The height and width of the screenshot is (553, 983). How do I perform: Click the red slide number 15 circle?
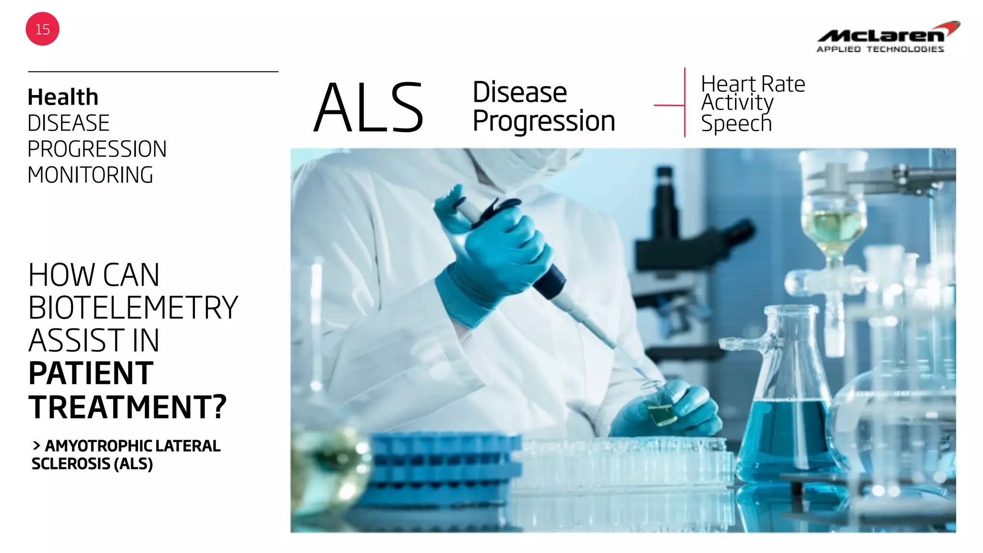click(42, 29)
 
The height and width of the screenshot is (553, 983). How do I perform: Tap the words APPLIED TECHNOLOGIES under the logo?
click(880, 49)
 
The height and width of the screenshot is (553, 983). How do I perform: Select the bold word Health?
click(63, 97)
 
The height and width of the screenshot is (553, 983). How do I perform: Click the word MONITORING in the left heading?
click(90, 175)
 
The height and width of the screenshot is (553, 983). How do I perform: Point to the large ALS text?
click(369, 108)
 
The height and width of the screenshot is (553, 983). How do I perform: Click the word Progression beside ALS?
click(543, 121)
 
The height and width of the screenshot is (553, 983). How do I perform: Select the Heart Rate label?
click(753, 84)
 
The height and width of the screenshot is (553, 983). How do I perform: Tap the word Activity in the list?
click(737, 103)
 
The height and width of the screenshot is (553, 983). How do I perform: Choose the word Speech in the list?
click(736, 124)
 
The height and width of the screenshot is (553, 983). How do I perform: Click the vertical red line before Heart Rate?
click(684, 102)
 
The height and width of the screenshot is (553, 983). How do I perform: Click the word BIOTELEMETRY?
click(133, 308)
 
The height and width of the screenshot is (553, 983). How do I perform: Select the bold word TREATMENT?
click(127, 407)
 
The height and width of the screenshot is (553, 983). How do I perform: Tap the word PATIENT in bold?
click(91, 373)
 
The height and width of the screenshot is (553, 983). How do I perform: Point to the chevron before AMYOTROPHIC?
click(36, 446)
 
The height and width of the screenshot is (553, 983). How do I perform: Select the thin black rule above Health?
click(153, 72)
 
